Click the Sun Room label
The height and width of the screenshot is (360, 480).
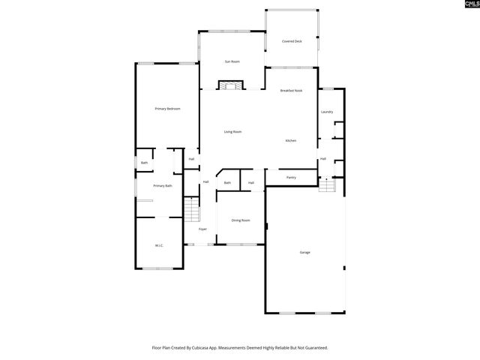pos(232,61)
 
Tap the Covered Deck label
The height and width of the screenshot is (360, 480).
pos(292,41)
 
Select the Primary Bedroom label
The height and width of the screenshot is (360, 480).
pos(167,109)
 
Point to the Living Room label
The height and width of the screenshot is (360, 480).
pos(232,132)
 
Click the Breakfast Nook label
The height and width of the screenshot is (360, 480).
pos(291,91)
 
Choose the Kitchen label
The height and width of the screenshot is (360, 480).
pos(290,141)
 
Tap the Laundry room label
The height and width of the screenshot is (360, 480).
pos(326,112)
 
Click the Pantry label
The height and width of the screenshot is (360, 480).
pos(291,178)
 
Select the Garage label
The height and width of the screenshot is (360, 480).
pos(304,252)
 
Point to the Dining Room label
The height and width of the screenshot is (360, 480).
pos(240,220)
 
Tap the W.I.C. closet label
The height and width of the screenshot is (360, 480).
pos(159,245)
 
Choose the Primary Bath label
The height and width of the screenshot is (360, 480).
pos(163,186)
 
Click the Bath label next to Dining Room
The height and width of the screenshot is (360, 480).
pos(226,182)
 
